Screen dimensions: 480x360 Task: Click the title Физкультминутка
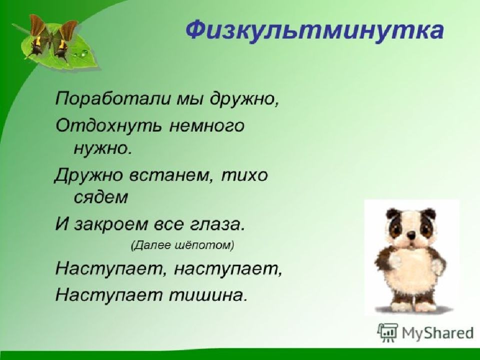pyautogui.click(x=314, y=31)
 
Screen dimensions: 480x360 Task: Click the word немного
pyautogui.click(x=207, y=126)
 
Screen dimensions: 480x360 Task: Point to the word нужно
pyautogui.click(x=102, y=149)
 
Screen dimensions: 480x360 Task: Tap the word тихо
pyautogui.click(x=244, y=175)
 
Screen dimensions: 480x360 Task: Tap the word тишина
pyautogui.click(x=207, y=295)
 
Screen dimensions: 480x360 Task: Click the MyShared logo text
pyautogui.click(x=438, y=332)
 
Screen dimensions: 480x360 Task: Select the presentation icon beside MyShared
pyautogui.click(x=388, y=332)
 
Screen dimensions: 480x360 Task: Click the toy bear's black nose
pyautogui.click(x=412, y=235)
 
